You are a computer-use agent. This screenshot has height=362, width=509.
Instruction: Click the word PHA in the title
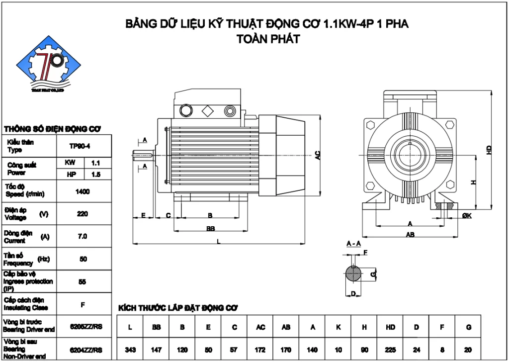pos(396,24)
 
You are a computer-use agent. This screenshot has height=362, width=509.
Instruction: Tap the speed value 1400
pos(83,191)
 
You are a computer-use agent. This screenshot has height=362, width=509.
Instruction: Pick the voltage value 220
pos(83,214)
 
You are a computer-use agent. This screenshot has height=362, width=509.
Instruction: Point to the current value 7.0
pos(83,237)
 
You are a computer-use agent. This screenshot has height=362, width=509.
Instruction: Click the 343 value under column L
pos(131,350)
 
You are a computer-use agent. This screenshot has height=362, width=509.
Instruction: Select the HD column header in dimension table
pos(390,327)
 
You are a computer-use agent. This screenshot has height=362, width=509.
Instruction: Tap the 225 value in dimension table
pos(390,350)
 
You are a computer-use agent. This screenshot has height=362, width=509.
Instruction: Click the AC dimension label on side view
pos(318,156)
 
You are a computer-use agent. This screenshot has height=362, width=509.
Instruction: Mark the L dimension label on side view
pos(219,241)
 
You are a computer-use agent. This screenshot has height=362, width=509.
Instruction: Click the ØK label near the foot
pos(466,215)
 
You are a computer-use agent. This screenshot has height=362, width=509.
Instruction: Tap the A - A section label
pos(353,244)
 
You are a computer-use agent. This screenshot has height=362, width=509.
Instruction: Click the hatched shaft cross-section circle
pos(353,273)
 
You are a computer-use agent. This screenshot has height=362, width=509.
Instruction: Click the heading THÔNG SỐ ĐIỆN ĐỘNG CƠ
pos(52,129)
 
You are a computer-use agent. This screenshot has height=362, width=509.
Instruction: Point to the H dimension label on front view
pos(474,182)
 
